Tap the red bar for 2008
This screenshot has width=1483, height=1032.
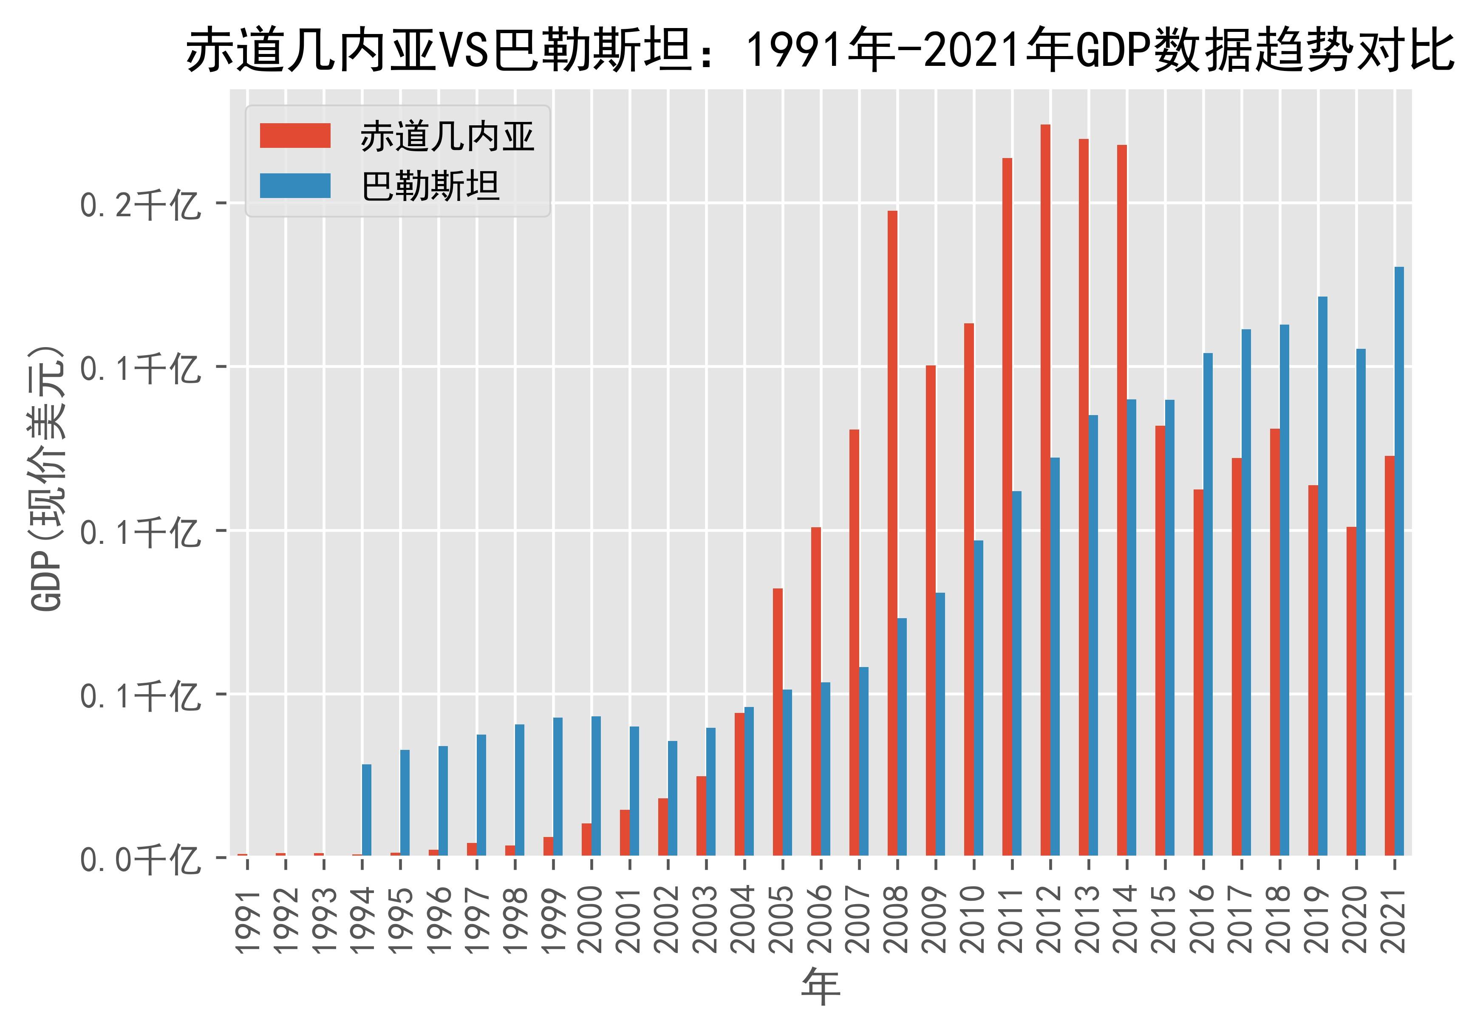892,533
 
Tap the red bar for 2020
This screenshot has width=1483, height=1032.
1351,691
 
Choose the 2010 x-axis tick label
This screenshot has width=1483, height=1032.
974,920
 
